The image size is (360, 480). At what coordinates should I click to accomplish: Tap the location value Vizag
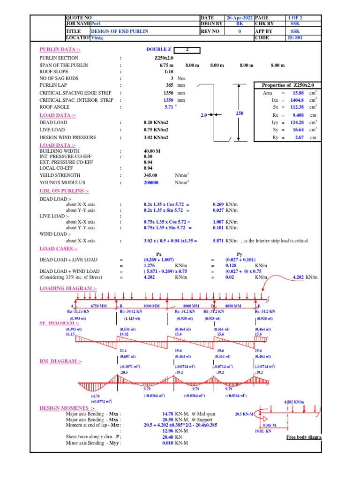[97, 38]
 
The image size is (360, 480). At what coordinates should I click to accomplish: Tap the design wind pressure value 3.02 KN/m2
[156, 137]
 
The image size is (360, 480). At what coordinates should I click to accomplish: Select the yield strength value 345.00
[151, 175]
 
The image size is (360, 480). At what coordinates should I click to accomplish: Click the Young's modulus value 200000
[150, 182]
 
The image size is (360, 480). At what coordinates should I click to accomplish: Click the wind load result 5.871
[218, 241]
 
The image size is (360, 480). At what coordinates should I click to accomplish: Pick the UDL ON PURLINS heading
[64, 191]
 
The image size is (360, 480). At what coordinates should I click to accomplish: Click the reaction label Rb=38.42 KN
[132, 311]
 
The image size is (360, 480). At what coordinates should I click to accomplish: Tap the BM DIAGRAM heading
[60, 361]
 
